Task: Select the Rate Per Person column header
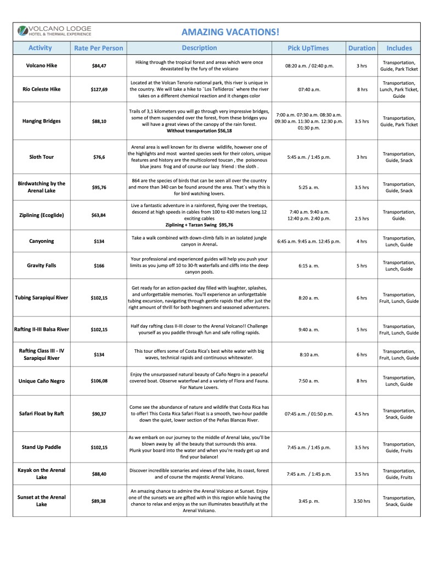coord(99,48)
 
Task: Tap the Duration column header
coord(362,48)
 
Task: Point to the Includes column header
coord(399,48)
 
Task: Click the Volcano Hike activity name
coord(41,66)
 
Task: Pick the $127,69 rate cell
coord(99,89)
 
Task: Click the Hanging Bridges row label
coord(41,121)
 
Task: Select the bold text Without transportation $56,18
coord(199,131)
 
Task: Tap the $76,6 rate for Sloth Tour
coord(99,157)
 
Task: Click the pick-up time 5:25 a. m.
coord(309,187)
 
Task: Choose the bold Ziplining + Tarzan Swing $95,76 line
coord(199,225)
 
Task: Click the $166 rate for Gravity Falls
coord(99,266)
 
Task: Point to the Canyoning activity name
coord(41,241)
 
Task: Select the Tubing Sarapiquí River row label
coord(41,298)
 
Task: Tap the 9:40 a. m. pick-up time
coord(309,330)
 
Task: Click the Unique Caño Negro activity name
coord(41,381)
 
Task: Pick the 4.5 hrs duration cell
coord(362,414)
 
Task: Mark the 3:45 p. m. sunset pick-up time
coord(309,501)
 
